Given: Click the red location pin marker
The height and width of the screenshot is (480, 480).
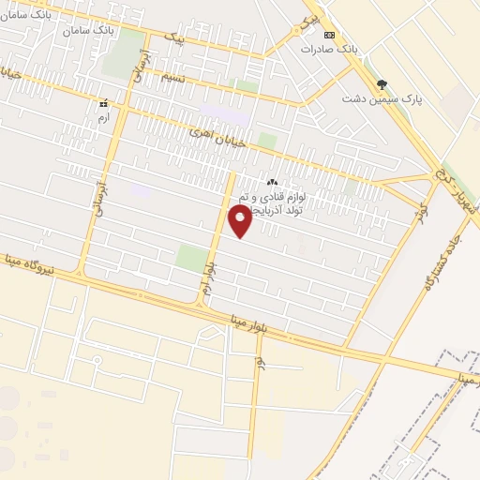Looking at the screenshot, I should (241, 221).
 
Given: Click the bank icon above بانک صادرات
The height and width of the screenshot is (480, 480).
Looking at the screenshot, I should (329, 34).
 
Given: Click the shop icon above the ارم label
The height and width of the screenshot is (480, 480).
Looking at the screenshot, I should (104, 103).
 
